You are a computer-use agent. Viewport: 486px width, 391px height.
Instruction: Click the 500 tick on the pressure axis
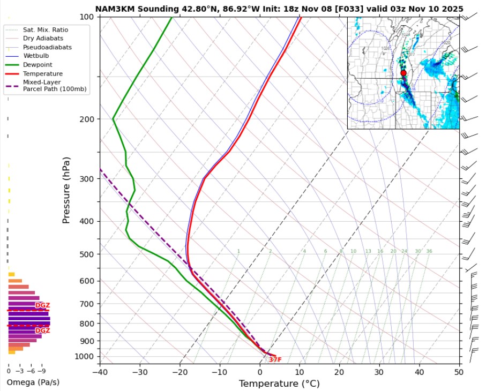pyautogui.click(x=87, y=254)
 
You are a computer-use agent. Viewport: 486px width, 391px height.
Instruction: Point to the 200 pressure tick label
pyautogui.click(x=87, y=119)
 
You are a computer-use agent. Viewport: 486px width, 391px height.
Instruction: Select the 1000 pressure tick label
pyautogui.click(x=85, y=356)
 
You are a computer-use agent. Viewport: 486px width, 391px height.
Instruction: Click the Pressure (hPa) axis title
pyautogui.click(x=66, y=190)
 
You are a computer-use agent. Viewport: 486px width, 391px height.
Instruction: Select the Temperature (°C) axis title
pyautogui.click(x=279, y=384)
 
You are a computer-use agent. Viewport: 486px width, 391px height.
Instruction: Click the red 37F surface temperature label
pyautogui.click(x=275, y=360)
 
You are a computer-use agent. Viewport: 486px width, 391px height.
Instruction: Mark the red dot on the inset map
pyautogui.click(x=403, y=73)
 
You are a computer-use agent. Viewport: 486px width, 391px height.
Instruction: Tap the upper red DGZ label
pyautogui.click(x=42, y=305)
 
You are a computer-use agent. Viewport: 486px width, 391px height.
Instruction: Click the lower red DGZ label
pyautogui.click(x=42, y=330)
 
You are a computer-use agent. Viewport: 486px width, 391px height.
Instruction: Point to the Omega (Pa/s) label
pyautogui.click(x=33, y=382)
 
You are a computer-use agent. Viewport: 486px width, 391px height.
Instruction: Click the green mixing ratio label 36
pyautogui.click(x=429, y=251)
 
